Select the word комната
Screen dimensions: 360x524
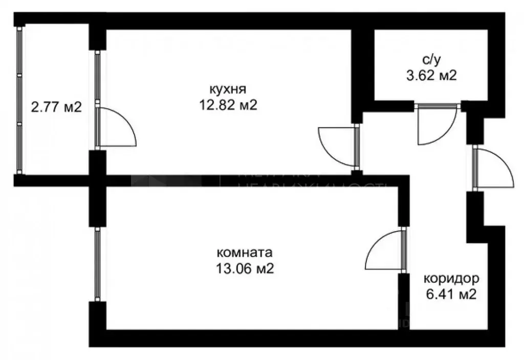coord(245,252)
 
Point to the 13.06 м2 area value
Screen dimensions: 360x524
coord(245,268)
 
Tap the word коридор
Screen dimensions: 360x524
coord(451,279)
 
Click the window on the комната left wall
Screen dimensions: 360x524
coord(97,264)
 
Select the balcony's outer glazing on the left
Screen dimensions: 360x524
coord(19,100)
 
